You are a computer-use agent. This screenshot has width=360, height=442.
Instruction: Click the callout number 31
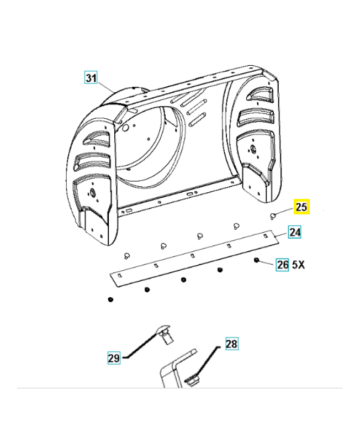pos(91,77)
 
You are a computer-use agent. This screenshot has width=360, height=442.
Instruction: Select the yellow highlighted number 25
pos(301,208)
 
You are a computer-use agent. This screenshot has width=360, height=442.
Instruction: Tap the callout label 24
pos(295,232)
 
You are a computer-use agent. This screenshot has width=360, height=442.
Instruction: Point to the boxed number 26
pos(282,265)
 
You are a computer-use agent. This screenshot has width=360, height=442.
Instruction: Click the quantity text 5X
pos(298,265)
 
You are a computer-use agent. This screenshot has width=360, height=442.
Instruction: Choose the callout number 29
pos(113,358)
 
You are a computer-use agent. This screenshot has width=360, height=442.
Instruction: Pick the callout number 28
pos(231,344)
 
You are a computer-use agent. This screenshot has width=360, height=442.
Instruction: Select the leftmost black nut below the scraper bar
pos(110,299)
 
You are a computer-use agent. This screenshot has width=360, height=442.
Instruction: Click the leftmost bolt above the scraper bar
pos(126,255)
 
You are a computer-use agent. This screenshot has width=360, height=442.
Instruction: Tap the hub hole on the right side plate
pos(252,148)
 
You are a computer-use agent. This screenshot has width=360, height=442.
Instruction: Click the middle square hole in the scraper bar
pos(192,255)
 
